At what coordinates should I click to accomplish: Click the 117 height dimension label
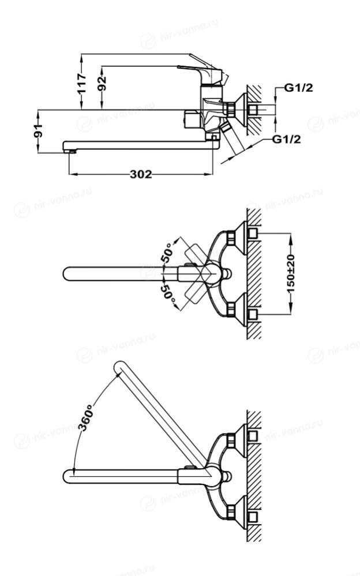coord(81,84)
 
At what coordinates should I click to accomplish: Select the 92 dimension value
coord(102,84)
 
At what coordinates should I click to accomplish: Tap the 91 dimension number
coord(38,131)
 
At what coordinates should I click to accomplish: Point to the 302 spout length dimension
coord(140,174)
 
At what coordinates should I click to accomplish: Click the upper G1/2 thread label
coord(299,88)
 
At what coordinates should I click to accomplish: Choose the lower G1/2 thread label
coord(287,139)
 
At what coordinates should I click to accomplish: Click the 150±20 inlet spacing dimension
coord(291,273)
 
